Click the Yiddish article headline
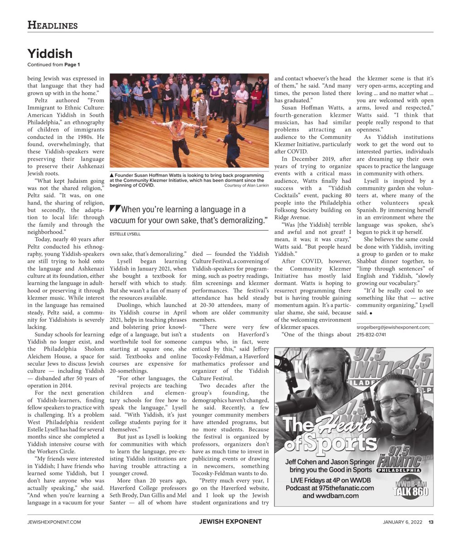[x=50, y=54]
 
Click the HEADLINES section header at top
[x=53, y=25]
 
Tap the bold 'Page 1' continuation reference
[x=72, y=65]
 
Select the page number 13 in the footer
[x=431, y=522]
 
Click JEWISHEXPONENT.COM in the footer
[x=54, y=522]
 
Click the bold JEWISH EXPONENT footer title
[x=230, y=522]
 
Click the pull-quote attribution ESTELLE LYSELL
[x=125, y=234]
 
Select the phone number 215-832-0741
[x=371, y=335]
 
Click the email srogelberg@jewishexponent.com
[x=393, y=328]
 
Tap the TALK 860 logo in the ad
[x=410, y=488]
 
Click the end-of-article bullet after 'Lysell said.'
[x=371, y=313]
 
